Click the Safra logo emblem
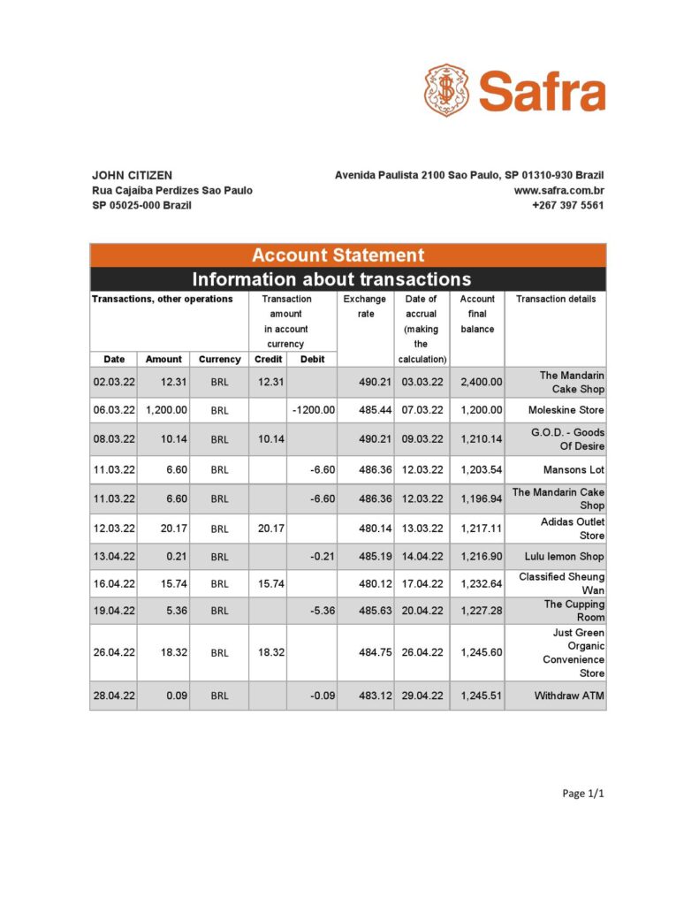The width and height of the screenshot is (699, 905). [447, 91]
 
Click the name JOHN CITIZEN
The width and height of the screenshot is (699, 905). [132, 175]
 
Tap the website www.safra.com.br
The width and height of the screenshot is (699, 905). [558, 190]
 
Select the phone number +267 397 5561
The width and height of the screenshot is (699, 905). [567, 205]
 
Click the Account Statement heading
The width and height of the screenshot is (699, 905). [338, 255]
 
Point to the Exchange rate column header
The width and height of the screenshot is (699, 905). [364, 306]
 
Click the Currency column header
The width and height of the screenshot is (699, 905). [219, 360]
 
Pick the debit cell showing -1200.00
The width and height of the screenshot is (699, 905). [313, 410]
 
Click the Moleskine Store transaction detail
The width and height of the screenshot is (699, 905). [566, 410]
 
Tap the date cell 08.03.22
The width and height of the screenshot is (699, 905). [113, 439]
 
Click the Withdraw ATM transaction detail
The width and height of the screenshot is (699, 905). [569, 696]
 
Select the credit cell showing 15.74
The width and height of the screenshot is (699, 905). [268, 583]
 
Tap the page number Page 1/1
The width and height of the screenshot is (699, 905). [583, 794]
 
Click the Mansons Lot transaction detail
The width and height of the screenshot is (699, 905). [574, 470]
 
